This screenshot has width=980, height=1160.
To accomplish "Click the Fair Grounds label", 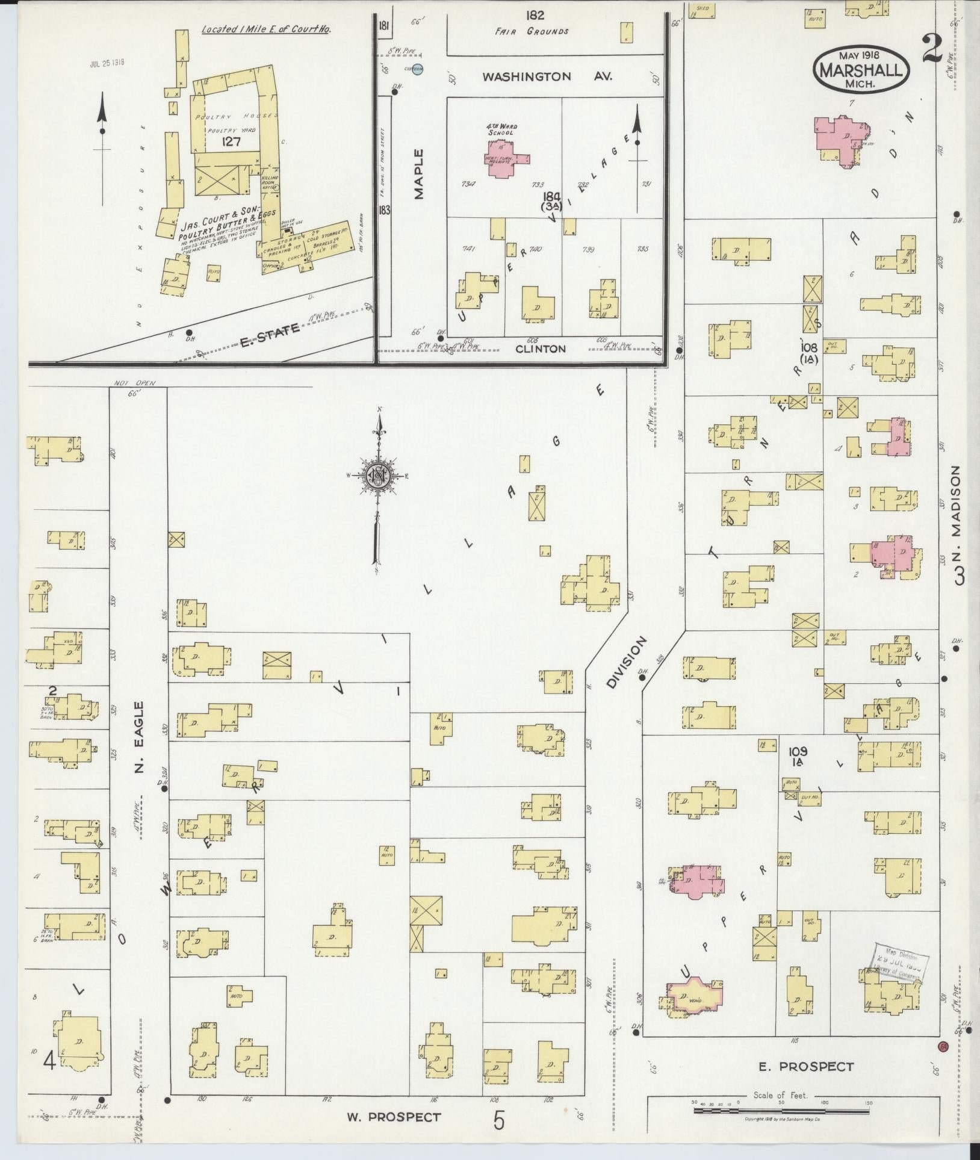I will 532,31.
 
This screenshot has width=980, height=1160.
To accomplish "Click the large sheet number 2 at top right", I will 931,49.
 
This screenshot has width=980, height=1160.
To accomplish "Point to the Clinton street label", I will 548,349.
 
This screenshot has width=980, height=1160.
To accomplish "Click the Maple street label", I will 419,174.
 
